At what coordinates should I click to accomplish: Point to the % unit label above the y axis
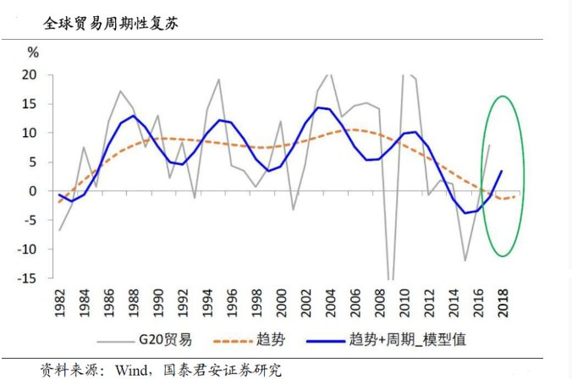tap(34, 53)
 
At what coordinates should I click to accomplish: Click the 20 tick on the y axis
tap(30, 74)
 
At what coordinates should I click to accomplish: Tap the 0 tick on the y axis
tap(35, 191)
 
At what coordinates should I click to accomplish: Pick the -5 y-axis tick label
tap(30, 220)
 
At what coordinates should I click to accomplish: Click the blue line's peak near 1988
tap(134, 116)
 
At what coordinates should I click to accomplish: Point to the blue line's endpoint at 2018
tap(502, 171)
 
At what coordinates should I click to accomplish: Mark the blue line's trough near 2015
tap(465, 213)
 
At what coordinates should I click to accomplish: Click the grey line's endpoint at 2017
tap(490, 145)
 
